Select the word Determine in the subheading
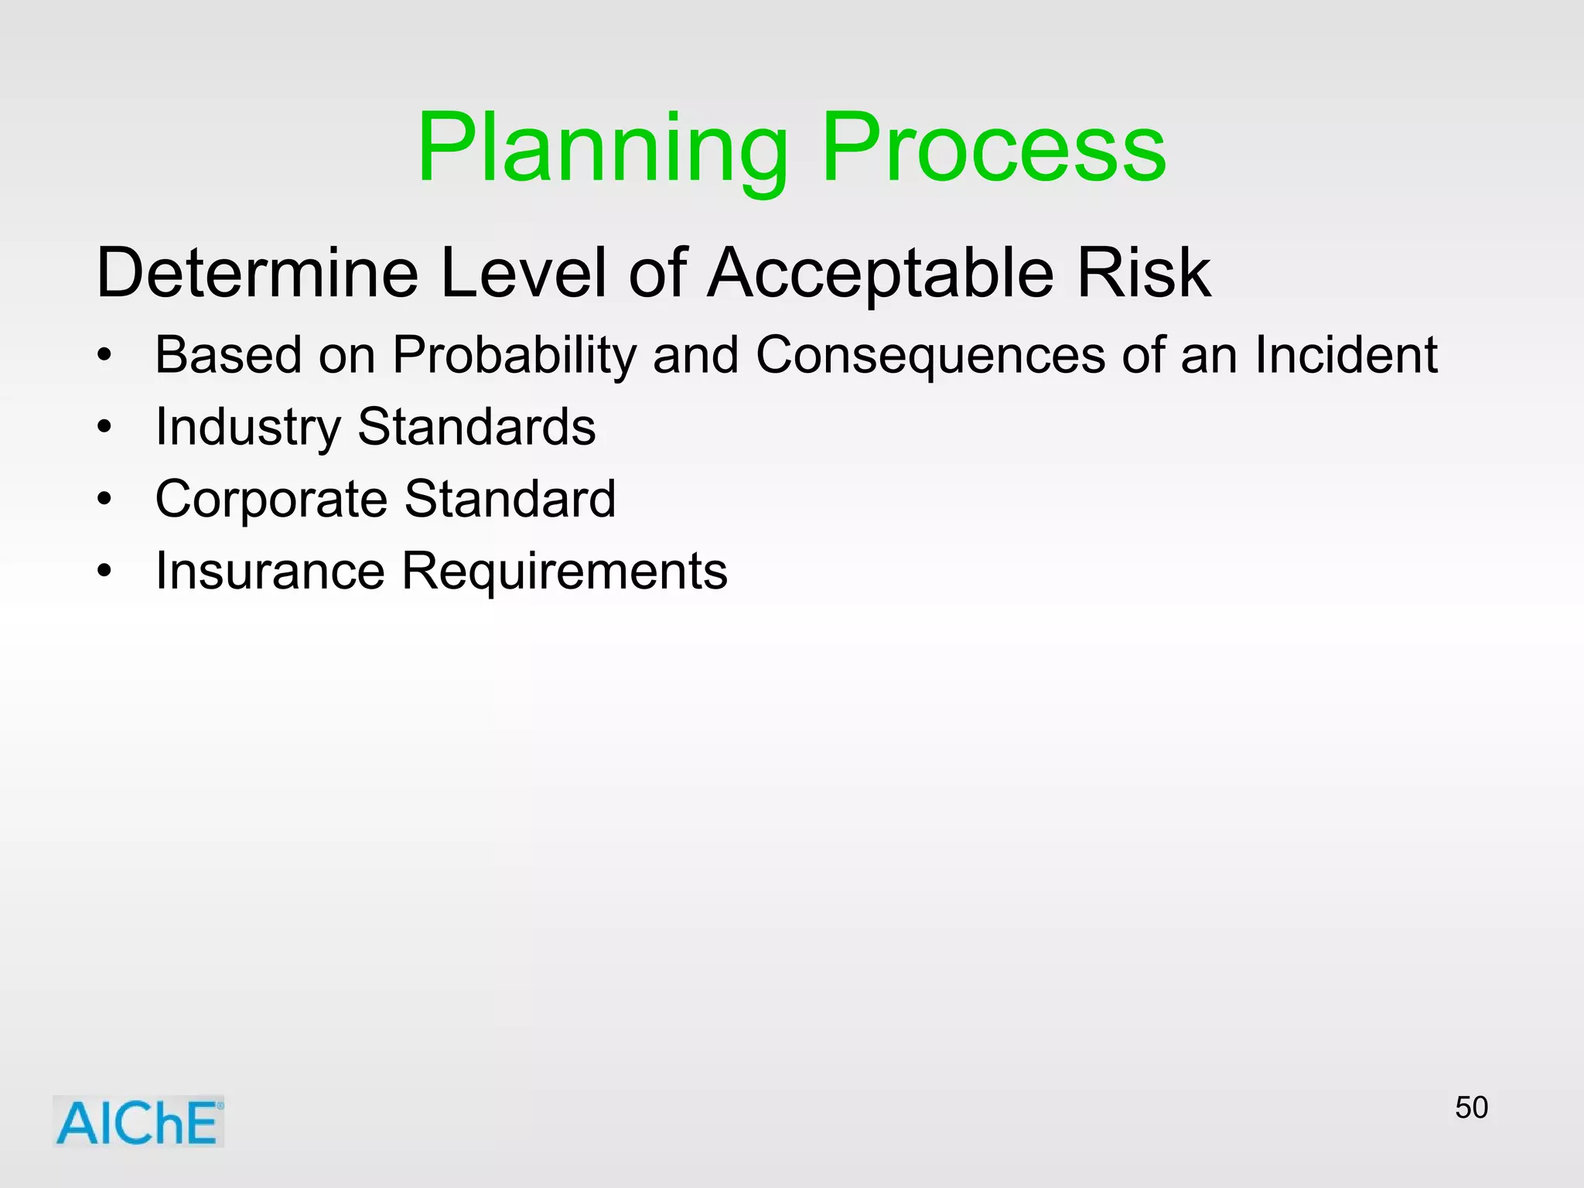tap(257, 272)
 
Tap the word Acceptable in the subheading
tap(881, 272)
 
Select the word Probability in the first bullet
tap(514, 356)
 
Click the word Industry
tap(247, 427)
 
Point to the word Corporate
tap(270, 499)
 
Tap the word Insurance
tap(270, 571)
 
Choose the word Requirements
tap(565, 572)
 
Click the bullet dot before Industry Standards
tap(104, 427)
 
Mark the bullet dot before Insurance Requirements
tap(104, 572)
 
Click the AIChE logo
tap(138, 1121)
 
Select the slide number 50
tap(1471, 1108)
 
